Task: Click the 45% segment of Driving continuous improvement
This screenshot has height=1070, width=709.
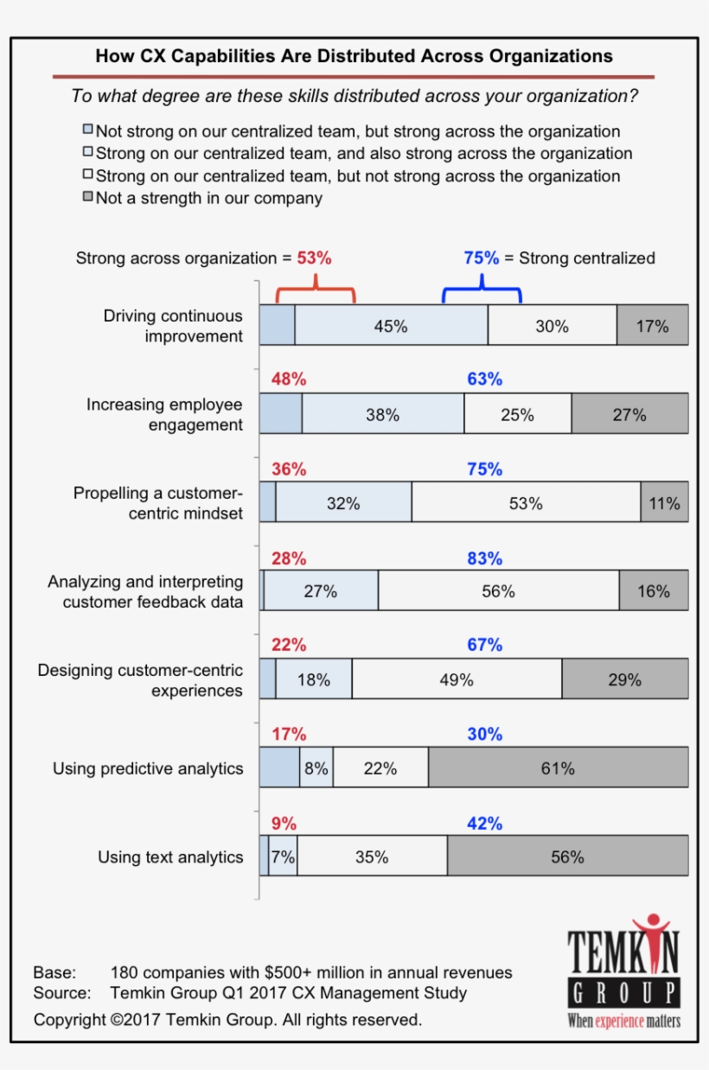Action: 391,326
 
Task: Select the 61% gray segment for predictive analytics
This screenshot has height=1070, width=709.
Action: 558,768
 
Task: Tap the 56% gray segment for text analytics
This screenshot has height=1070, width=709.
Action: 567,857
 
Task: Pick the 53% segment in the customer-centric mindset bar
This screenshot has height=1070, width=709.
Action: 526,503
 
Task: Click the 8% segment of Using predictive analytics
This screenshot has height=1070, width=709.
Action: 316,768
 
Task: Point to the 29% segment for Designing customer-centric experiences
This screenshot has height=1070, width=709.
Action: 624,679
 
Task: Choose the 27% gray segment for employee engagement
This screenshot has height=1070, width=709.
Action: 629,414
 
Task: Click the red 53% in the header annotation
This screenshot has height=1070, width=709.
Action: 314,258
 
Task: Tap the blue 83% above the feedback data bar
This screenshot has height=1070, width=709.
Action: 484,558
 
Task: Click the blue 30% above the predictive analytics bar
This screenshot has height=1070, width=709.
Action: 484,734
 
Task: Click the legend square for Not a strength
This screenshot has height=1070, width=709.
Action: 87,198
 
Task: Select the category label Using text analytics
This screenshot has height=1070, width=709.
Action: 170,857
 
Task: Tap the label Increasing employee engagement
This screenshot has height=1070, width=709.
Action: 164,415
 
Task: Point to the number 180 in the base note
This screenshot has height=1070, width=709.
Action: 125,973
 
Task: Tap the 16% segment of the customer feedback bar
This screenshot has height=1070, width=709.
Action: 654,591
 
